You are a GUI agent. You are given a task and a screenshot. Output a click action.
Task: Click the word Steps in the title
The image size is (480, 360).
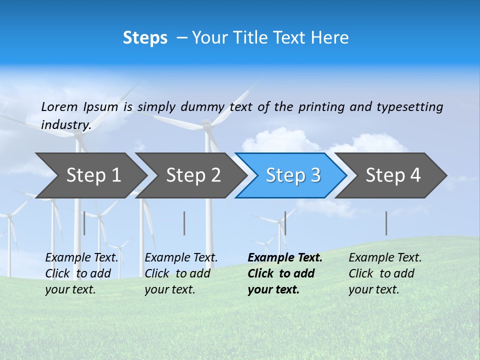click(145, 38)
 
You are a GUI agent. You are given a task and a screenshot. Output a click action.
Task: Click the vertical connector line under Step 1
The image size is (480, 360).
click(84, 223)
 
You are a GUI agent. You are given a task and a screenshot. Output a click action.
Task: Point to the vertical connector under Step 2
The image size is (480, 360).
click(184, 223)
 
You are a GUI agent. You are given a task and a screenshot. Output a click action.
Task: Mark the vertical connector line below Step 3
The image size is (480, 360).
click(285, 223)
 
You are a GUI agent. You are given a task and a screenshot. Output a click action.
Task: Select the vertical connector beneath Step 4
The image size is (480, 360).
click(386, 223)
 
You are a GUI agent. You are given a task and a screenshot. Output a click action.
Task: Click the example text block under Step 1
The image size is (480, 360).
click(81, 273)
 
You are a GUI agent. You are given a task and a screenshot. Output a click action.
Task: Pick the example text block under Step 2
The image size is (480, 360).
click(181, 273)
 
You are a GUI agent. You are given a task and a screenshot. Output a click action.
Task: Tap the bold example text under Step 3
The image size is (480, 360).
click(285, 273)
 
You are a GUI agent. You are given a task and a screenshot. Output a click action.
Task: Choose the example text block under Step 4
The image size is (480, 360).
click(385, 273)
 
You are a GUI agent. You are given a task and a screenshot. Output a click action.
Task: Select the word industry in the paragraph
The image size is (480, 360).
click(65, 125)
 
